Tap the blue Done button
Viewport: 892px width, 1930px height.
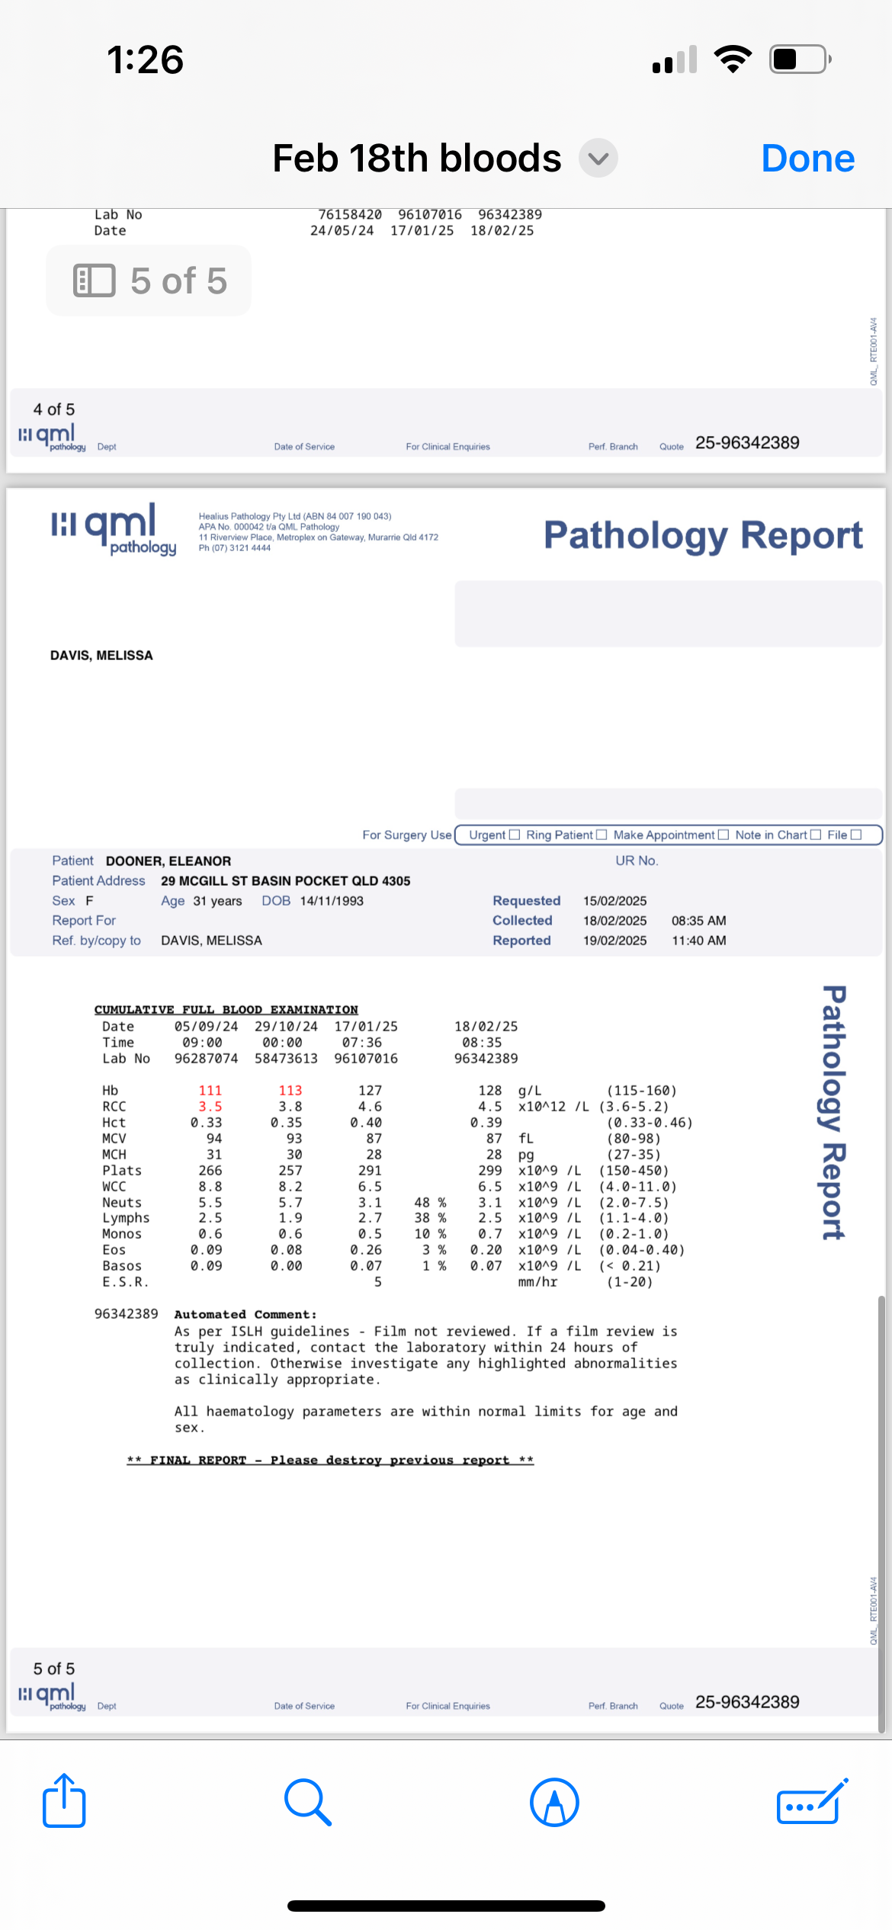[807, 159]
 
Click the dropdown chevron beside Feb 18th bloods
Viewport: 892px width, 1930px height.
[598, 159]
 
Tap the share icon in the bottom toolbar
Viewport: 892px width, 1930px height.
[64, 1801]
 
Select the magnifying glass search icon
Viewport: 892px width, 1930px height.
[307, 1802]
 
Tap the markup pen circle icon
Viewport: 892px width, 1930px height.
[554, 1802]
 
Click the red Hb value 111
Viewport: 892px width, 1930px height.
[210, 1091]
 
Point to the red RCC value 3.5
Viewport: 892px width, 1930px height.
[210, 1107]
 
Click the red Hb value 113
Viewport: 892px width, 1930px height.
[290, 1091]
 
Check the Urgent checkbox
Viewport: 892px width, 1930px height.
[515, 835]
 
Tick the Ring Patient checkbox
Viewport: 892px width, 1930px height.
[602, 835]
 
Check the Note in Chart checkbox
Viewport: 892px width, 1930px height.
[816, 835]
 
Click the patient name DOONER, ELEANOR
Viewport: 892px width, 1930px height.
[168, 861]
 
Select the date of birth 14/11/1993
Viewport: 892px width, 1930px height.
[332, 901]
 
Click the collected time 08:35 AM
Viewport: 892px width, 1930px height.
[698, 921]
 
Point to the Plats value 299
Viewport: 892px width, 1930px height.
[489, 1171]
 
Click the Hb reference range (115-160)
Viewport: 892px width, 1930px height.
[641, 1091]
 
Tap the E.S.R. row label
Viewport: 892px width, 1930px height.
[125, 1282]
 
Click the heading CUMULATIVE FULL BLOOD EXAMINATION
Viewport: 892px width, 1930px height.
[226, 1009]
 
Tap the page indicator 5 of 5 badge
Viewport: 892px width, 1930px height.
[149, 281]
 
